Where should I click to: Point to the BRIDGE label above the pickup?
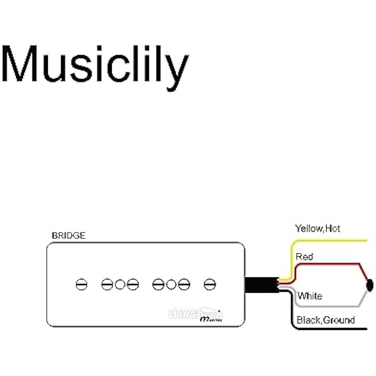(68, 236)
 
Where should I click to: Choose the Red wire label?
(304, 257)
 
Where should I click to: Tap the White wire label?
(310, 296)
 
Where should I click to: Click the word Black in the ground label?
(308, 321)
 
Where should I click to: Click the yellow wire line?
(329, 241)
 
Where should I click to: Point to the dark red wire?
(329, 264)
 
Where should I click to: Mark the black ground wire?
(329, 329)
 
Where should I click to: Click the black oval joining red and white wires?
(370, 284)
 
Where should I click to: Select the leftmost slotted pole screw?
(81, 284)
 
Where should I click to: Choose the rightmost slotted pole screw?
(210, 284)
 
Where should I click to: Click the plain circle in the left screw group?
(120, 284)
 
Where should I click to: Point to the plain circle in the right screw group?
(171, 284)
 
